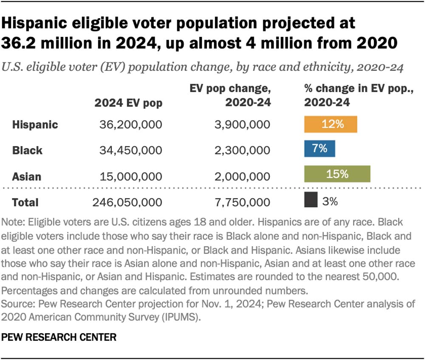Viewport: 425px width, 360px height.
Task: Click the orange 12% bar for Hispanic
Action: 330,124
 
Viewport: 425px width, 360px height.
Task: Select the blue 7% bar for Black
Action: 320,149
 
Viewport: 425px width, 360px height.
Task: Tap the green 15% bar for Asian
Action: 337,174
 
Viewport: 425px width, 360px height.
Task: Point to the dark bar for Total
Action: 311,200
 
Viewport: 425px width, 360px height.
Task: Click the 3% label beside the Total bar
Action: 330,201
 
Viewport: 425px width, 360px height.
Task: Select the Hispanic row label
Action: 35,124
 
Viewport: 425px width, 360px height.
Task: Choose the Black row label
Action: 27,151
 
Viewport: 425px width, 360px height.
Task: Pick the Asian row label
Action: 26,177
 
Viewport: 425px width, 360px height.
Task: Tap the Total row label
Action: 25,202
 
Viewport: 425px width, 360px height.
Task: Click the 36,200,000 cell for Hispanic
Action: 130,125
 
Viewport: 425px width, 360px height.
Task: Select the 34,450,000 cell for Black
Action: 130,151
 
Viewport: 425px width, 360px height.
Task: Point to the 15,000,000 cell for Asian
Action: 131,177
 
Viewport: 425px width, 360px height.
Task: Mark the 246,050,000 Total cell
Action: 127,202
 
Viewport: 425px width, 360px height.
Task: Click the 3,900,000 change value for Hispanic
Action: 242,125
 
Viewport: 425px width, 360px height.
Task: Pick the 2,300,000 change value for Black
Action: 242,151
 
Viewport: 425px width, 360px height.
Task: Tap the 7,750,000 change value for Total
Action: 243,202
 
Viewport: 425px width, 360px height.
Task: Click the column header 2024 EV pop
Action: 128,103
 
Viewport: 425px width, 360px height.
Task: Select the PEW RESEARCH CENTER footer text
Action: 59,337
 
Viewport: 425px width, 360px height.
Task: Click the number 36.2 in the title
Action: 18,43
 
